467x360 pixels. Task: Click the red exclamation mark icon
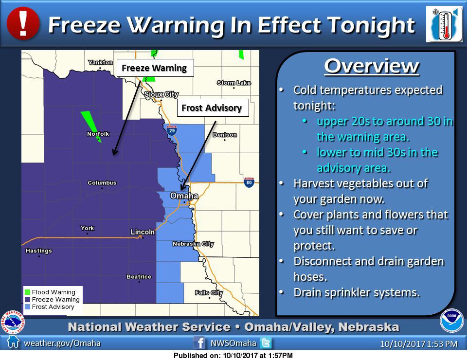[22, 23]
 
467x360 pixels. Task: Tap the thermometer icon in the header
[444, 24]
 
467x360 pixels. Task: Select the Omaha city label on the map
[184, 196]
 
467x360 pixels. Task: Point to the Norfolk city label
[98, 134]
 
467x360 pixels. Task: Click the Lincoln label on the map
[143, 232]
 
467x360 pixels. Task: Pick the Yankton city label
[100, 62]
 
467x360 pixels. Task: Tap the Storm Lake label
[233, 83]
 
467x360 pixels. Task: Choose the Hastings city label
[38, 251]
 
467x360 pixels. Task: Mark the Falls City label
[209, 292]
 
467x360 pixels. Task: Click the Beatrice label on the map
[139, 277]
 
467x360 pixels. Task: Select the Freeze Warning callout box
[155, 68]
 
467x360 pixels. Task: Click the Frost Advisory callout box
[212, 108]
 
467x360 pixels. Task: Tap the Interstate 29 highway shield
[171, 130]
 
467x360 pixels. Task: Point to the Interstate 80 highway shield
[249, 182]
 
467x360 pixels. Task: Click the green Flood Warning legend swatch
[28, 292]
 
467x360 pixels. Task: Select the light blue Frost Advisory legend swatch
[28, 307]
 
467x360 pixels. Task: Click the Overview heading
[371, 66]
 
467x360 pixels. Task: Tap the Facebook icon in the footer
[199, 343]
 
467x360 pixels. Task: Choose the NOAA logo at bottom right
[451, 320]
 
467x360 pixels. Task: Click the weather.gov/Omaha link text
[62, 343]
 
